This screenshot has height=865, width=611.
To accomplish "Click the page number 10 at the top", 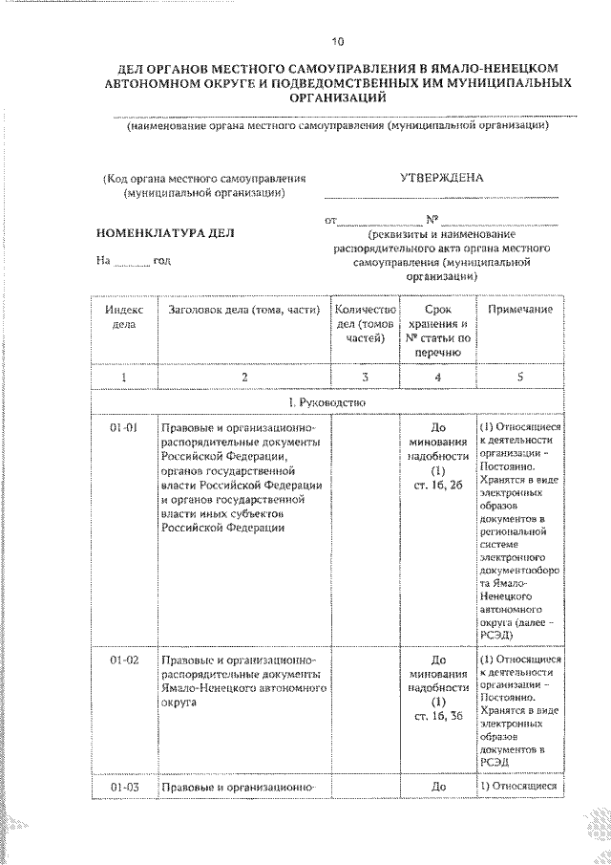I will pos(337,41).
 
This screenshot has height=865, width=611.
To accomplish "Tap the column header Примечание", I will pos(520,311).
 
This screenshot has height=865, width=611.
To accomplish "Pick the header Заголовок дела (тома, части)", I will pos(242,311).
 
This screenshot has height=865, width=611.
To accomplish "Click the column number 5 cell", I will pos(520,378).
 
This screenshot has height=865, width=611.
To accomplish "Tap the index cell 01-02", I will pos(124,660).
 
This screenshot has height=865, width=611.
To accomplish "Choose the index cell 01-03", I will pos(124,788).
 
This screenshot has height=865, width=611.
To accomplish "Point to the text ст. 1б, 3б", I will pos(438,718).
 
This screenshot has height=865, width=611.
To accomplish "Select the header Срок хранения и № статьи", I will pos(438,331).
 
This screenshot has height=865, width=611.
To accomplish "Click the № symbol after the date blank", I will pos(432,219).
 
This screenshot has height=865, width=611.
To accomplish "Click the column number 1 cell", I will pos(124,378).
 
